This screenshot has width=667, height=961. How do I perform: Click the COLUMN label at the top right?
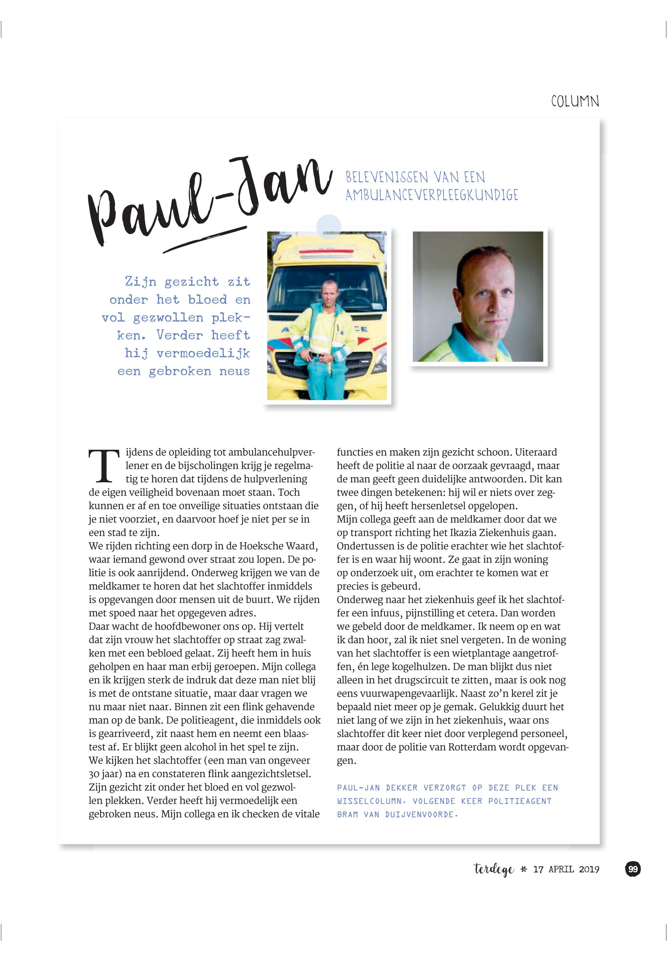[575, 102]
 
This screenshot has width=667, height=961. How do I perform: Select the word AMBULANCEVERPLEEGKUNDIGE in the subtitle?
[431, 195]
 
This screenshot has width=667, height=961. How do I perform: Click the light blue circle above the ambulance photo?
[329, 227]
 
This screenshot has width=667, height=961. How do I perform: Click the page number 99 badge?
[633, 869]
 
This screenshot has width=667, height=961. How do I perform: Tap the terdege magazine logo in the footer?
[493, 870]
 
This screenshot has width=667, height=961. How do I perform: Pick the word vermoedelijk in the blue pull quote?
[203, 353]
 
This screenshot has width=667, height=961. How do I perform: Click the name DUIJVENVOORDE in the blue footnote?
[421, 814]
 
